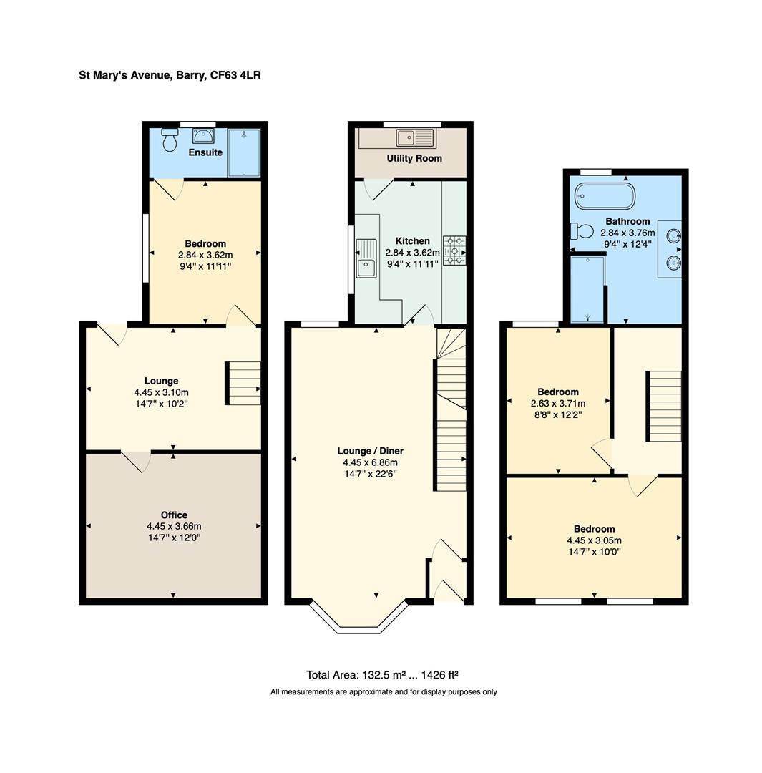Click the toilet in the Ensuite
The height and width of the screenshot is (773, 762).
click(x=170, y=140)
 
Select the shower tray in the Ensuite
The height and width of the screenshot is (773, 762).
click(x=244, y=152)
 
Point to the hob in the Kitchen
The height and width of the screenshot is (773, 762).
click(x=454, y=251)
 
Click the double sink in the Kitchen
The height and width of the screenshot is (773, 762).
click(x=366, y=258)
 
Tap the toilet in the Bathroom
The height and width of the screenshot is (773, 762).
click(x=582, y=231)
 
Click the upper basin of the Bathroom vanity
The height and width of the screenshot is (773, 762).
click(x=672, y=235)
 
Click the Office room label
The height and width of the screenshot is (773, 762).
click(x=174, y=515)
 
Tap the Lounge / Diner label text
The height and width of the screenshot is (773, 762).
click(x=370, y=451)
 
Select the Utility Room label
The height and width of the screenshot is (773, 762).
click(x=414, y=158)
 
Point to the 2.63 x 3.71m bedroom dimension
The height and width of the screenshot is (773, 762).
click(x=558, y=404)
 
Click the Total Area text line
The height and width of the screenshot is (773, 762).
click(x=382, y=674)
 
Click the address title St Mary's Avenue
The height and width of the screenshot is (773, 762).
click(x=170, y=74)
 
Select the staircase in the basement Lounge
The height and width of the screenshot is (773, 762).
click(x=244, y=384)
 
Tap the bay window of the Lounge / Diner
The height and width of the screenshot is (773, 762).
click(x=360, y=620)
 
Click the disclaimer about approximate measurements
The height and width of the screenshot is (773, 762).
click(x=384, y=691)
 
